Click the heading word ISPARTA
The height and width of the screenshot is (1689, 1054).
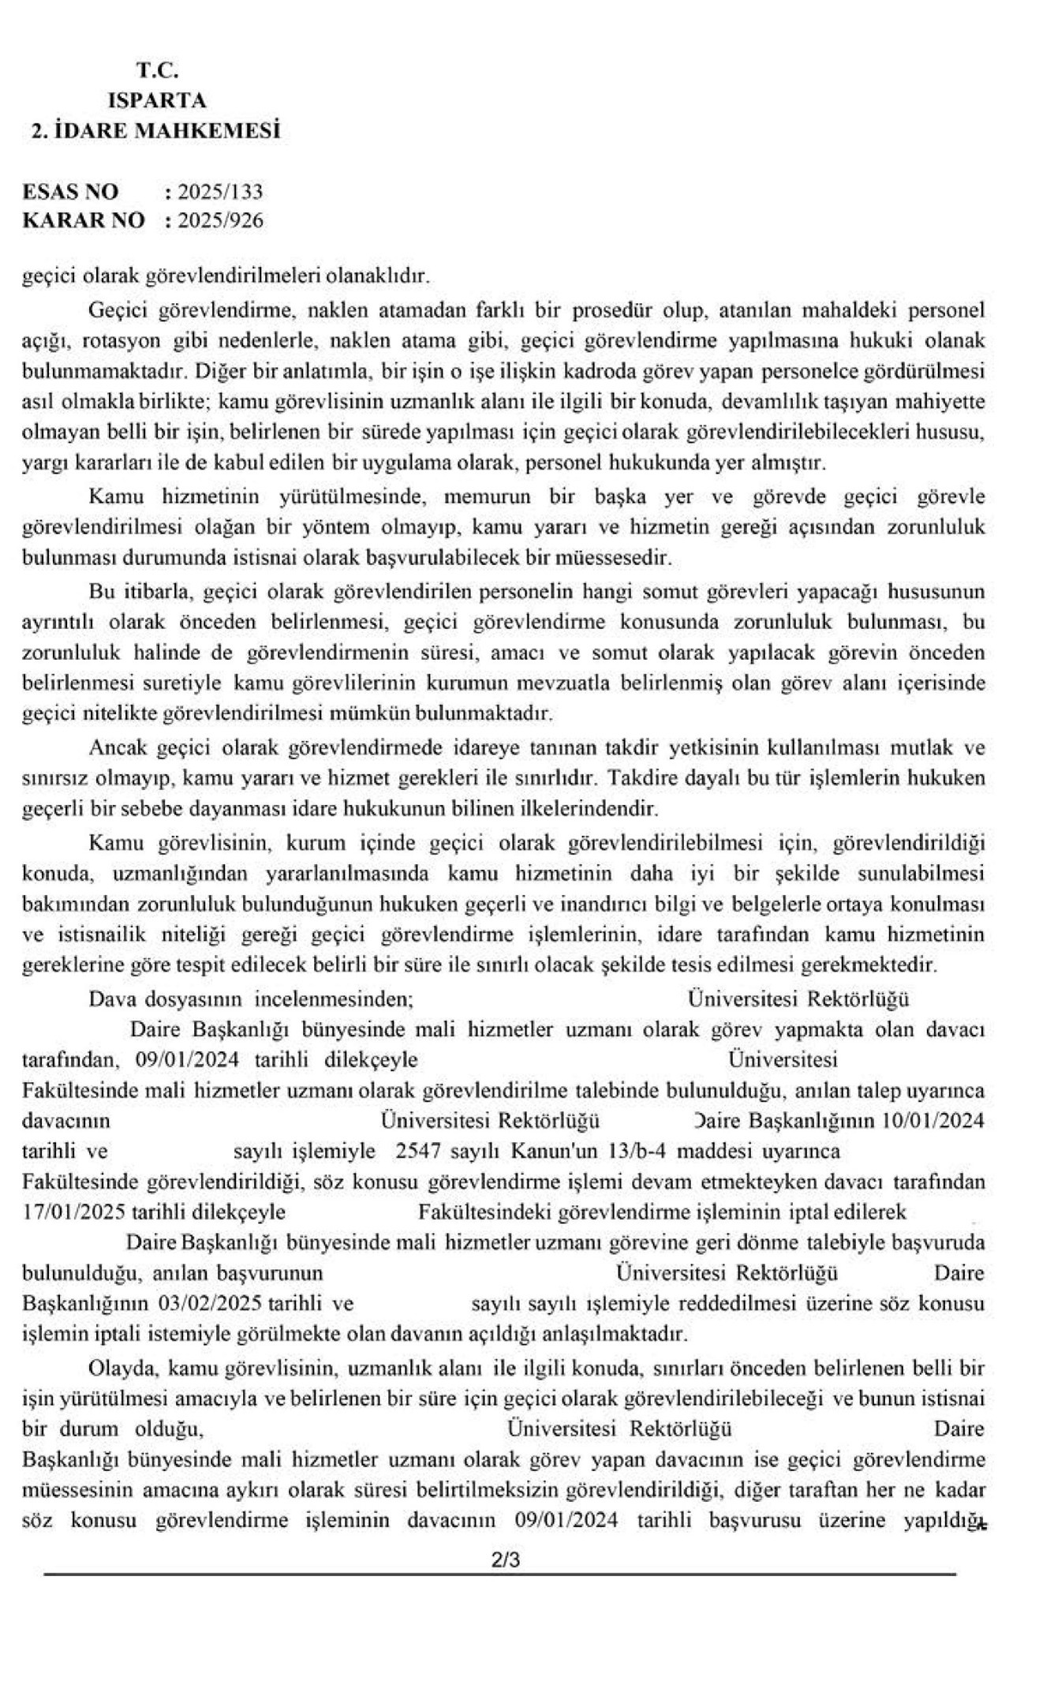coord(157,100)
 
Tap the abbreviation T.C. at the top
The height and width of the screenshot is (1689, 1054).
coord(158,70)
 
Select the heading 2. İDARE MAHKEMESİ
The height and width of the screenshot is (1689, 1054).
coord(155,130)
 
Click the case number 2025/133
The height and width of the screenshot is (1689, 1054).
coord(220,192)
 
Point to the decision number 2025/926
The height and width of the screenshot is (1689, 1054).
coord(220,220)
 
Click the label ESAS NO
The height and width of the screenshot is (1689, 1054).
coord(71,192)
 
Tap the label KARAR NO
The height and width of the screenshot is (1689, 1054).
coord(84,220)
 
